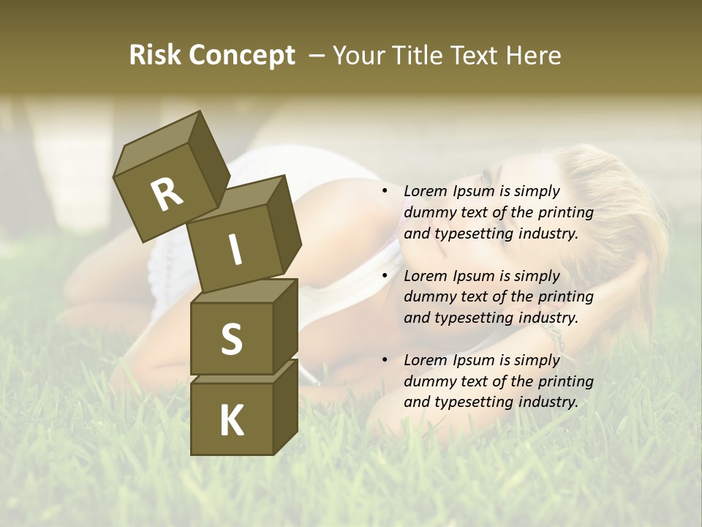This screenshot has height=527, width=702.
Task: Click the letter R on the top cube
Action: [167, 194]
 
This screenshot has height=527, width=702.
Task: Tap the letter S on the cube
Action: [231, 339]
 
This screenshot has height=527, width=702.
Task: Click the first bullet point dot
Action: [385, 192]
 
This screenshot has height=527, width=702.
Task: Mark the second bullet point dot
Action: [385, 276]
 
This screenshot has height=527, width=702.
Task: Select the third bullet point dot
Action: [385, 360]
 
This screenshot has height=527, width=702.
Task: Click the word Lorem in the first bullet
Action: [424, 192]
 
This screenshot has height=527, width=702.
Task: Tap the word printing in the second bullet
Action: [565, 297]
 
